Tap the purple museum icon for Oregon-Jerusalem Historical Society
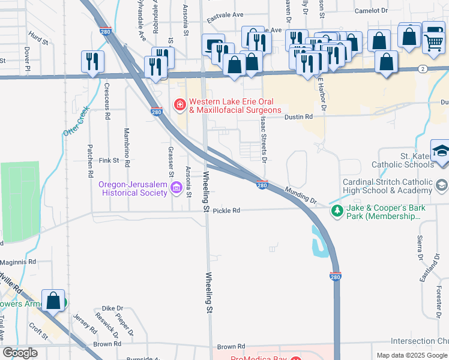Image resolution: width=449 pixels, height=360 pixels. point(176,188)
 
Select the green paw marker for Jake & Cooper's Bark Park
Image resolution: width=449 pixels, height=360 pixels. point(337,211)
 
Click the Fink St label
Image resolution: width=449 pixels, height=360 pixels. point(109,161)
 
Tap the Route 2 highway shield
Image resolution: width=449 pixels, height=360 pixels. point(423,69)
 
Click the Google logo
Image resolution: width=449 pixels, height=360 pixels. point(20,353)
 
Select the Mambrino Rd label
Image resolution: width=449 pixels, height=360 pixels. point(127,146)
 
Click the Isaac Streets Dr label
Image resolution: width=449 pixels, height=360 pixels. point(263,139)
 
